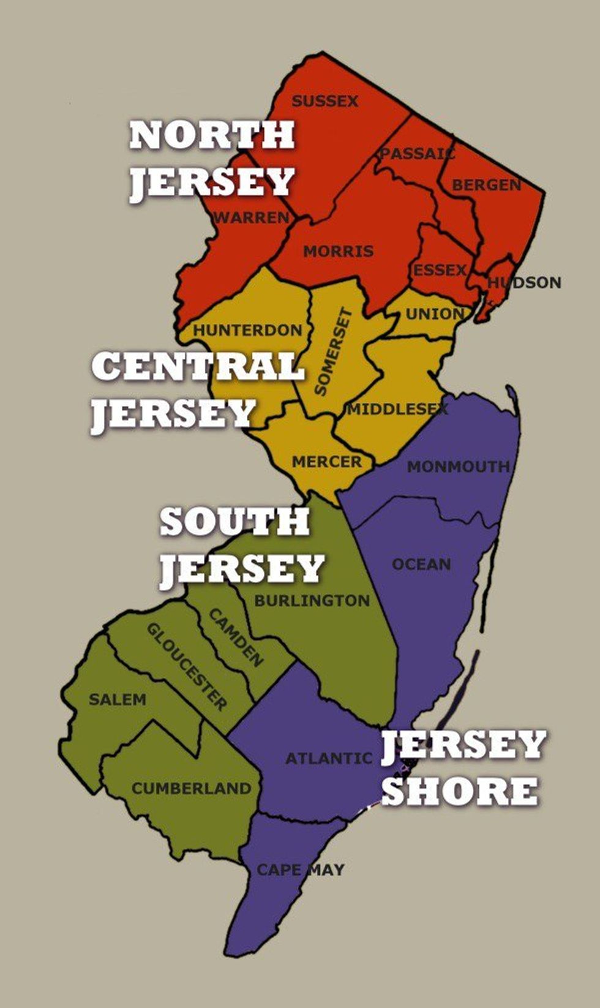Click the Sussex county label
pyautogui.click(x=324, y=101)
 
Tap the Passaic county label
pyautogui.click(x=418, y=153)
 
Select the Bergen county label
pyautogui.click(x=487, y=185)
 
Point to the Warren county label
pyautogui.click(x=251, y=217)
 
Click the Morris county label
pyautogui.click(x=338, y=251)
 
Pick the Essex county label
pyautogui.click(x=440, y=270)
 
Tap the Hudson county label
pyautogui.click(x=524, y=282)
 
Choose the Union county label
pyautogui.click(x=435, y=314)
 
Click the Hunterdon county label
pyautogui.click(x=248, y=331)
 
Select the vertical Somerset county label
pyautogui.click(x=334, y=352)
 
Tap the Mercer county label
pyautogui.click(x=327, y=462)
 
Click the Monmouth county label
pyautogui.click(x=459, y=467)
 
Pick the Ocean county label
pyautogui.click(x=421, y=564)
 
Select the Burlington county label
pyautogui.click(x=312, y=601)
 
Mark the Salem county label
pyautogui.click(x=118, y=699)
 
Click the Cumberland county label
pyautogui.click(x=192, y=788)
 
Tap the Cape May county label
pyautogui.click(x=301, y=870)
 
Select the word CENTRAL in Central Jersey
pyautogui.click(x=198, y=366)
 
